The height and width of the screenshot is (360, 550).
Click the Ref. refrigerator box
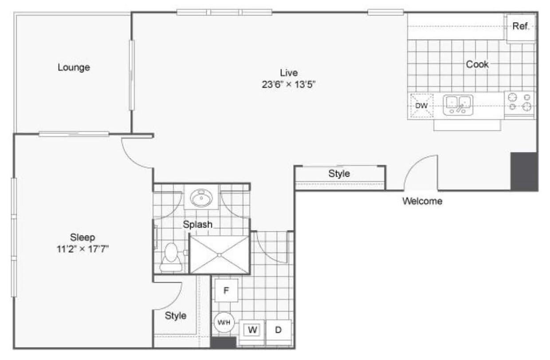pyautogui.click(x=521, y=27)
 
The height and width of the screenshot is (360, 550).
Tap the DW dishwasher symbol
pyautogui.click(x=421, y=106)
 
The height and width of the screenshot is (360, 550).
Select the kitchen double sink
pyautogui.click(x=458, y=105)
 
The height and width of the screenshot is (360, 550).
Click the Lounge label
pyautogui.click(x=74, y=67)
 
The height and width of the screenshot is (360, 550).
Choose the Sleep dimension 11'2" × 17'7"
pyautogui.click(x=83, y=249)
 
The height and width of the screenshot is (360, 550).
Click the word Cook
pyautogui.click(x=477, y=64)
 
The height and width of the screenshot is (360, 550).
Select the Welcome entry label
pyautogui.click(x=422, y=201)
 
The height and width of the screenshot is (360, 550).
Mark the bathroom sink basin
pyautogui.click(x=201, y=197)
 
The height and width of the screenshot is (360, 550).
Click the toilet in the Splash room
pyautogui.click(x=171, y=258)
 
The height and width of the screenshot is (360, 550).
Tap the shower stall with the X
pyautogui.click(x=220, y=254)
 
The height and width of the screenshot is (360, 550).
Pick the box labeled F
pyautogui.click(x=226, y=291)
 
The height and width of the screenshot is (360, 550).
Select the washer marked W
pyautogui.click(x=253, y=330)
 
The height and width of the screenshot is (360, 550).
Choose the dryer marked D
pyautogui.click(x=279, y=330)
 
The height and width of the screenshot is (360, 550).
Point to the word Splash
pyautogui.click(x=198, y=224)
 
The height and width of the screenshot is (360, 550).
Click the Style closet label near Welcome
pyautogui.click(x=339, y=174)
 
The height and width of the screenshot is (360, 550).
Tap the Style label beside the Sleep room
pyautogui.click(x=176, y=316)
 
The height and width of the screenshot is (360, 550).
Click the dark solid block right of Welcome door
pyautogui.click(x=524, y=172)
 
